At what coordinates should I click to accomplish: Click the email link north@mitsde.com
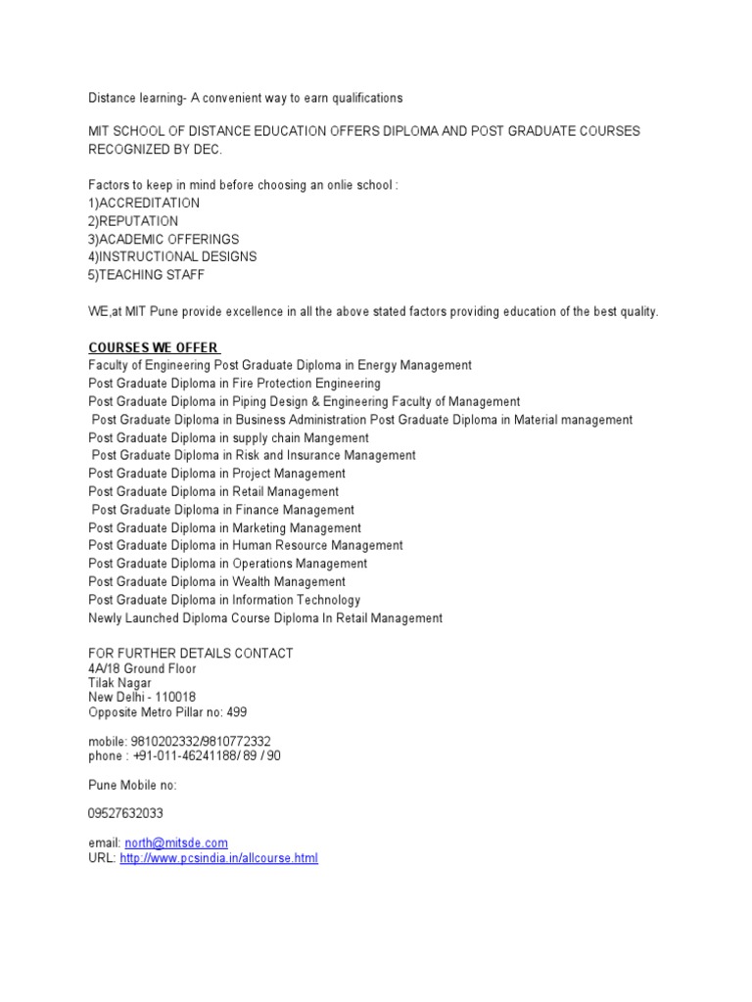click(176, 843)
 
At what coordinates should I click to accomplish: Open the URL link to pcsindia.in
click(218, 859)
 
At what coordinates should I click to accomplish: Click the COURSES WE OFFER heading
click(154, 347)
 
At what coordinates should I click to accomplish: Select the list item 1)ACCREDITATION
click(144, 203)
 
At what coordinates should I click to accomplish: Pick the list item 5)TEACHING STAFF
click(147, 275)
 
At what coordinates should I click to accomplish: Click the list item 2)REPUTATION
click(133, 221)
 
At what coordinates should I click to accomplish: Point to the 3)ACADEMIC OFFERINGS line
click(164, 239)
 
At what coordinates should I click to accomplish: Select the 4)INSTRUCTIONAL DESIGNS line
click(172, 256)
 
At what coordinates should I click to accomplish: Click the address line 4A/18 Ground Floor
click(142, 668)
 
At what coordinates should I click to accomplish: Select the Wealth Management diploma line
click(216, 581)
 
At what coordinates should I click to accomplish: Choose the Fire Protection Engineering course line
click(234, 384)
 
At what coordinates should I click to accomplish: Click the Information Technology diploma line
click(224, 600)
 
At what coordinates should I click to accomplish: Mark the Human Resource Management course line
click(245, 545)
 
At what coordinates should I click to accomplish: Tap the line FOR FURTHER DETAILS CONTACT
click(190, 653)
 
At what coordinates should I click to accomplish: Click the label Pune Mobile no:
click(132, 785)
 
